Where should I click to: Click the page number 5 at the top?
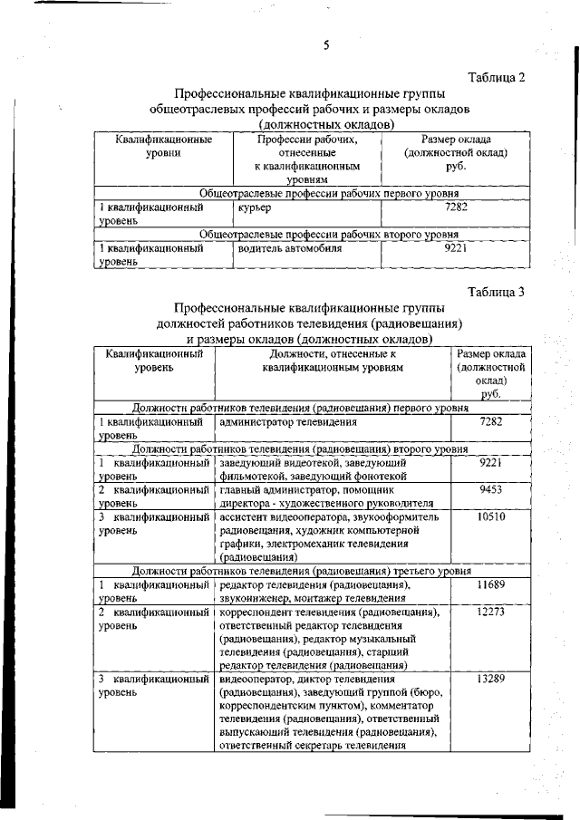(325, 46)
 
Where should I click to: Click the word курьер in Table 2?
(256, 208)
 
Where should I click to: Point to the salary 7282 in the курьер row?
(456, 207)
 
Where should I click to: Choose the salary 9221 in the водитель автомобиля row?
(456, 246)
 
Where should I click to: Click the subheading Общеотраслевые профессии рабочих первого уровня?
(328, 194)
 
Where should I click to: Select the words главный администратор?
(273, 489)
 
